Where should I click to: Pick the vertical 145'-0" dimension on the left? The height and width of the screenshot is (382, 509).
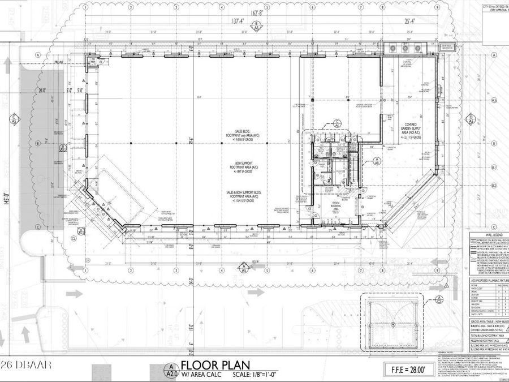(x=5, y=199)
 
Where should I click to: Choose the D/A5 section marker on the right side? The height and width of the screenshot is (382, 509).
(x=471, y=119)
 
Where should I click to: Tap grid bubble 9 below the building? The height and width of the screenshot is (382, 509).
(x=437, y=270)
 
